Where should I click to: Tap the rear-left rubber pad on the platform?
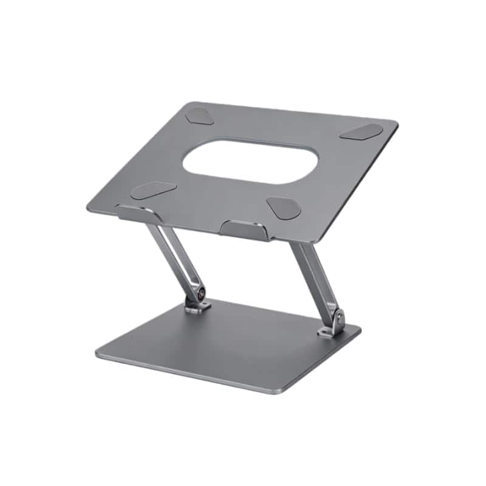[x=199, y=115]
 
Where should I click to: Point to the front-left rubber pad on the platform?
[x=153, y=190]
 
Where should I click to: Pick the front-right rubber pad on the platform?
[x=284, y=208]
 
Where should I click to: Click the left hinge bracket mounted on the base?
[x=196, y=307]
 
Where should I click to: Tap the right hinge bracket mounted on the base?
[x=331, y=330]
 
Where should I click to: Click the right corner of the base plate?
[x=358, y=330]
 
